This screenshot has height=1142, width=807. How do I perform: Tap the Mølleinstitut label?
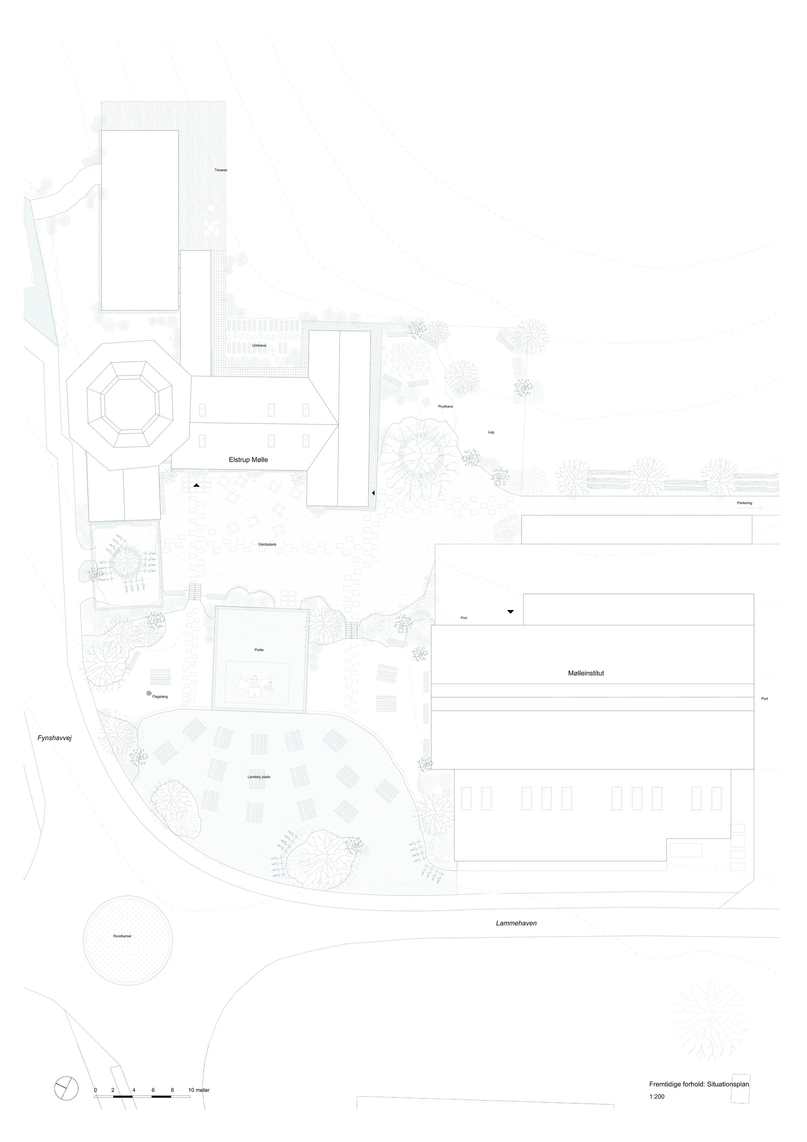point(586,673)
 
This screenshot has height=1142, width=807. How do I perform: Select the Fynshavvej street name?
point(55,738)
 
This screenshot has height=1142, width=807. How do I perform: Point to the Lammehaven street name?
point(516,923)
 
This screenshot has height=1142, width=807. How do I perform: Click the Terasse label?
point(221,170)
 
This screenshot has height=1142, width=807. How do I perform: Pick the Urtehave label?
point(259,345)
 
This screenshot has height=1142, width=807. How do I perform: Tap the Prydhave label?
point(445,406)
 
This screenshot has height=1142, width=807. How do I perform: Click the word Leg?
point(491,432)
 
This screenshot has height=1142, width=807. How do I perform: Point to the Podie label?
point(259,650)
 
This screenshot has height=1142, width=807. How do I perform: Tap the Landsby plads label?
point(259,777)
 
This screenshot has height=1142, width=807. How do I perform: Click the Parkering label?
point(744,503)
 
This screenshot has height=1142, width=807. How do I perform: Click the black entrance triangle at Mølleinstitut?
point(510,612)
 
